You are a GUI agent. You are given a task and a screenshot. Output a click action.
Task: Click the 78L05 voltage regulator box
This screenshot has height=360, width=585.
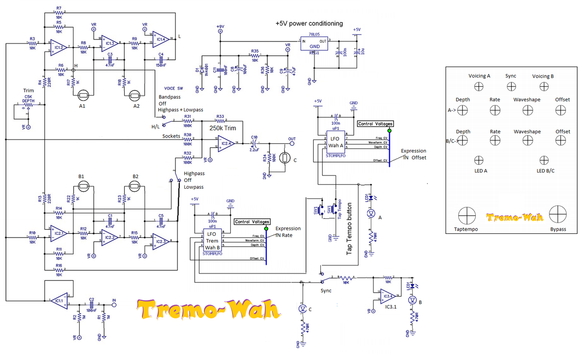(314, 44)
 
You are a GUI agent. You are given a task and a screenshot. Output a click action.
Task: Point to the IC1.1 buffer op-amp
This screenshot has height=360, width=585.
(58, 300)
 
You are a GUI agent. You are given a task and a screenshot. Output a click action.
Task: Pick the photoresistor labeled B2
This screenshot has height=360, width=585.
(135, 185)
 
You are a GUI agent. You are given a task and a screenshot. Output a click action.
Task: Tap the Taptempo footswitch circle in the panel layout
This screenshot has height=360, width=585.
(467, 215)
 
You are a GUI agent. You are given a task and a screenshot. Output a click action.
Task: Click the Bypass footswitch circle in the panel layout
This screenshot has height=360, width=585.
(558, 215)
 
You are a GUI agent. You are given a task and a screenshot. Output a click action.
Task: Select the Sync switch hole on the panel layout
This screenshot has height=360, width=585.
(511, 86)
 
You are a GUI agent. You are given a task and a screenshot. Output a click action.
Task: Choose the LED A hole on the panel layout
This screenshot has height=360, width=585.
(479, 160)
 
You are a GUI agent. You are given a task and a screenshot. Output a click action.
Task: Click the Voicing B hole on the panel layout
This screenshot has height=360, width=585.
(543, 86)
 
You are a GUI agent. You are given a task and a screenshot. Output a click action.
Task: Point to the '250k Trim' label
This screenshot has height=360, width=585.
(223, 128)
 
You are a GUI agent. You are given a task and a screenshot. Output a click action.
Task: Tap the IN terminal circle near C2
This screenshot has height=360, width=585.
(114, 305)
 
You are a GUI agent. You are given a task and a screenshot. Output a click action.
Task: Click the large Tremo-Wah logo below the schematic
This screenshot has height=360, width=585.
(208, 310)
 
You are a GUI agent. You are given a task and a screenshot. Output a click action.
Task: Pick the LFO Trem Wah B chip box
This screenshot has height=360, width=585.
(212, 241)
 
